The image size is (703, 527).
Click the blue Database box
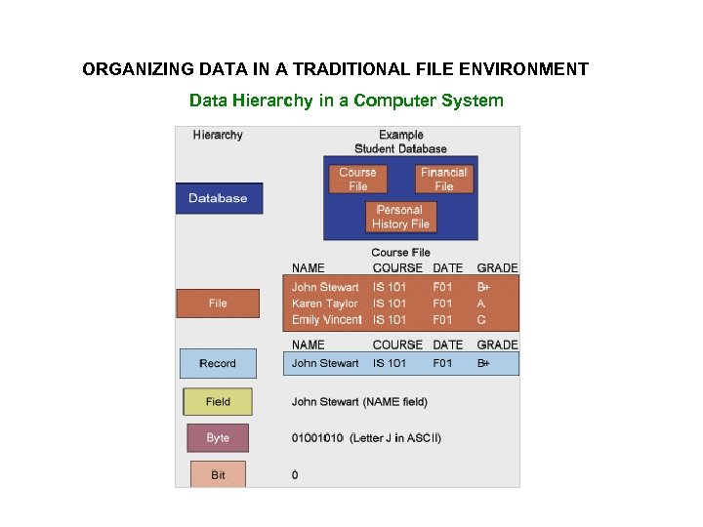point(219,198)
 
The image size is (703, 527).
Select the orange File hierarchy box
point(218,304)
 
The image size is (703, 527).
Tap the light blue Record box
point(218,363)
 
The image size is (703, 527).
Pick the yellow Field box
point(218,401)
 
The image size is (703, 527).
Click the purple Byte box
point(218,438)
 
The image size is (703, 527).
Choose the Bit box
point(218,474)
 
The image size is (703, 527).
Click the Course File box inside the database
point(357,179)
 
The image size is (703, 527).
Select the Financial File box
point(443,179)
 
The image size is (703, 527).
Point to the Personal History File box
point(399,217)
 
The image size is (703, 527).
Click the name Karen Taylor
point(325,304)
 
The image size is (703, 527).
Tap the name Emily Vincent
point(326,320)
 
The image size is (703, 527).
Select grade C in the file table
point(481,320)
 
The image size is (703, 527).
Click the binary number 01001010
point(318,438)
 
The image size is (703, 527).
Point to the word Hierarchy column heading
point(218,135)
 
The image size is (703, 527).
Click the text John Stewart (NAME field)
point(359,401)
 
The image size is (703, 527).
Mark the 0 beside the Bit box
point(295,475)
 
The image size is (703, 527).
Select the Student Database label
point(400,148)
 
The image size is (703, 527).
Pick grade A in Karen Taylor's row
point(481,304)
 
